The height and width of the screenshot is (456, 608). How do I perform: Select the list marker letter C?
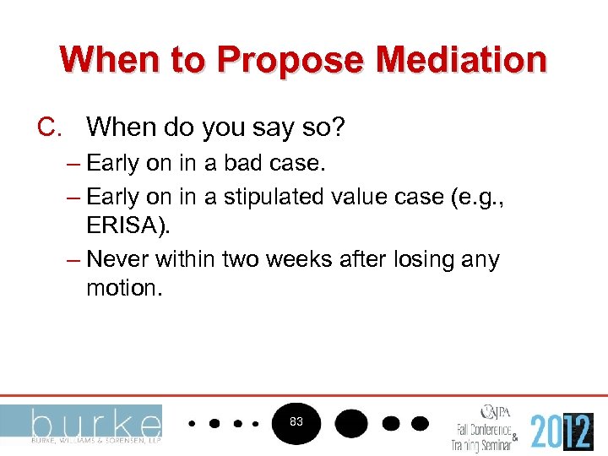48,128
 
